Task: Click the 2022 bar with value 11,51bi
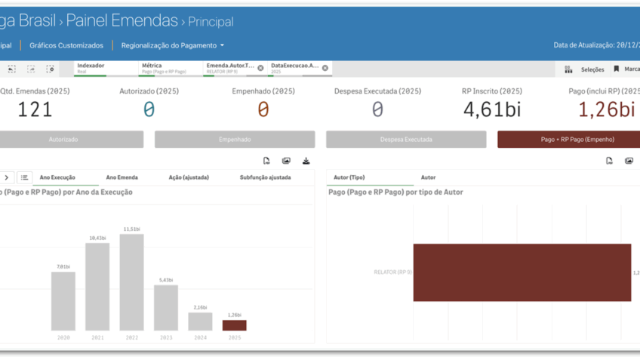click(x=131, y=282)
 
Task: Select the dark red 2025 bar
click(x=234, y=325)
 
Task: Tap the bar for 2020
click(x=63, y=301)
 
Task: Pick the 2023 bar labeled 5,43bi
click(x=166, y=307)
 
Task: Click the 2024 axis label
click(x=200, y=337)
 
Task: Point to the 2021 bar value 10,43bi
click(x=97, y=238)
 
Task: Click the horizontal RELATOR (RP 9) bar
click(x=522, y=272)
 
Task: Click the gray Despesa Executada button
click(x=406, y=140)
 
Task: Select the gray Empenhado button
click(x=235, y=140)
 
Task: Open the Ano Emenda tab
click(x=122, y=177)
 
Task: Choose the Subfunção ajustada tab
click(x=265, y=177)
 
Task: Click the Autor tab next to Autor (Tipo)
click(x=428, y=177)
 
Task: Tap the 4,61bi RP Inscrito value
click(x=492, y=109)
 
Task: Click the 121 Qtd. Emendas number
click(x=35, y=109)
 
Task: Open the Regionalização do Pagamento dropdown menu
click(x=173, y=45)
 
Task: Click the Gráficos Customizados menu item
click(x=66, y=45)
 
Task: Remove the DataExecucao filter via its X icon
click(x=325, y=68)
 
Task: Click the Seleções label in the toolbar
click(x=592, y=69)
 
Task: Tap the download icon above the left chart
click(x=306, y=161)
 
